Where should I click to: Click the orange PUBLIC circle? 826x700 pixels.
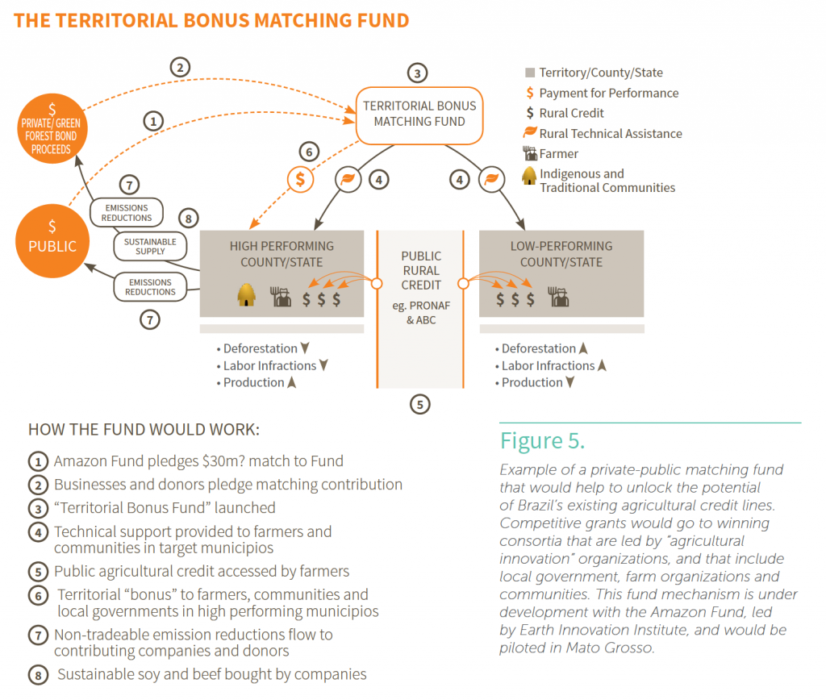coord(52,240)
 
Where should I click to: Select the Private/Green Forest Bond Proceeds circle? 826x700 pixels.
coord(52,129)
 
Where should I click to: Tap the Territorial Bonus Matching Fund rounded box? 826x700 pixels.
coord(419,114)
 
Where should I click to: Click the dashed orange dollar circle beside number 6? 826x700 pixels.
coord(300,179)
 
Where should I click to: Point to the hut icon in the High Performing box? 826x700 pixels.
coord(247,297)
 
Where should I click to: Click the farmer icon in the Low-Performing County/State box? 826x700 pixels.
coord(559,297)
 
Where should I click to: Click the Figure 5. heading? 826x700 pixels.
coord(542,441)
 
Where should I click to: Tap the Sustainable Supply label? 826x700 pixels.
coord(150,246)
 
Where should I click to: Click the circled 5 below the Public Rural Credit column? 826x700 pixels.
coord(419,403)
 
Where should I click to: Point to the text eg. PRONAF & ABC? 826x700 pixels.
coord(420,313)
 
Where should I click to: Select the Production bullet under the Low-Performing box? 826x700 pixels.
coord(533,382)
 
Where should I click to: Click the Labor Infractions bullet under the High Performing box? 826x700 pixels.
coord(270,365)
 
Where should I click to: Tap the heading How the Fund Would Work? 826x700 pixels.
coord(144,429)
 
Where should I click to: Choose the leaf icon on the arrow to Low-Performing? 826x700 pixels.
coord(491,179)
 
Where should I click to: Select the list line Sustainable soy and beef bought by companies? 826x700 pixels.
coord(211,673)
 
